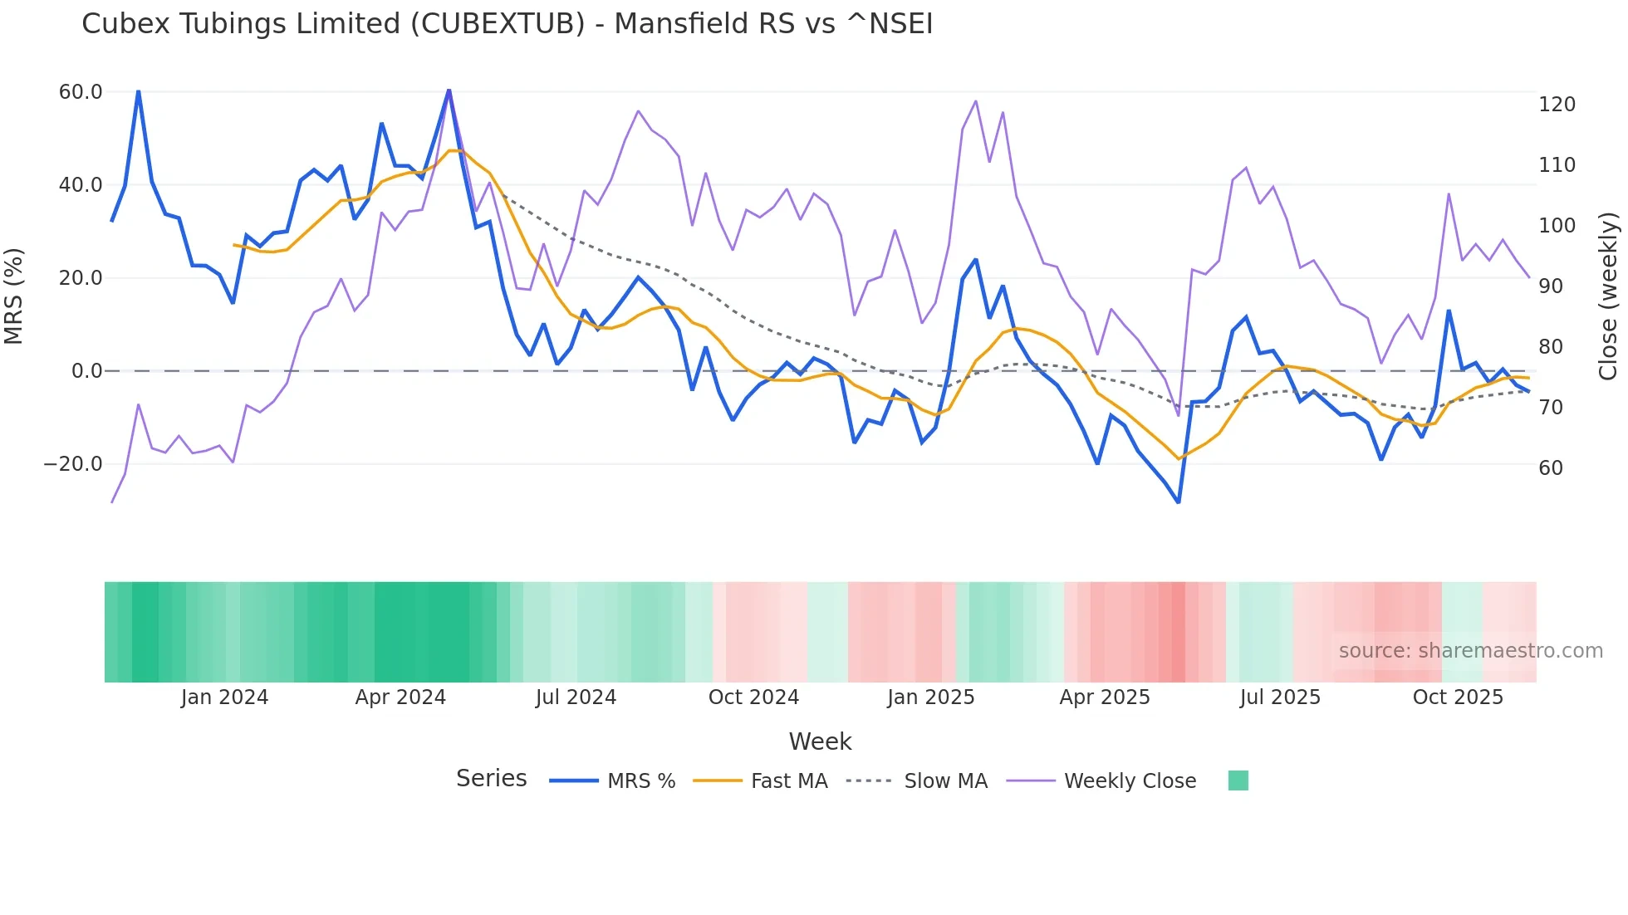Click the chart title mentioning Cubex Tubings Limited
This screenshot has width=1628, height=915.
[507, 24]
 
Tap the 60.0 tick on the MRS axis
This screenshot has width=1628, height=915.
[81, 92]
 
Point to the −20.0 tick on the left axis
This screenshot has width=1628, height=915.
[73, 464]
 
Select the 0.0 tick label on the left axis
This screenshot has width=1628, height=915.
[86, 371]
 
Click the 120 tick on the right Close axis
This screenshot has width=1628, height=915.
[1557, 105]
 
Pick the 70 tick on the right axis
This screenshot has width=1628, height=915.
[1551, 408]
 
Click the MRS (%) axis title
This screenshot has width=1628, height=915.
[14, 296]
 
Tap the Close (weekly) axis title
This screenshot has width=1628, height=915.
[1608, 296]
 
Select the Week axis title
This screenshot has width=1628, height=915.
[820, 741]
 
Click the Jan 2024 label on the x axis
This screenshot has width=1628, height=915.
[224, 697]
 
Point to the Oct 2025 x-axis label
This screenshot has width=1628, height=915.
[1458, 697]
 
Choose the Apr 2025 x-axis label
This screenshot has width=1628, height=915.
[1105, 697]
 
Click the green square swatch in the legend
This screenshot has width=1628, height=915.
[1238, 780]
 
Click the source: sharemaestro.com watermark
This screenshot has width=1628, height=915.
[1470, 651]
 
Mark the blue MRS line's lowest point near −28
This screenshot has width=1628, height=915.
[1178, 502]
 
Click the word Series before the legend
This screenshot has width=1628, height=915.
[491, 779]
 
